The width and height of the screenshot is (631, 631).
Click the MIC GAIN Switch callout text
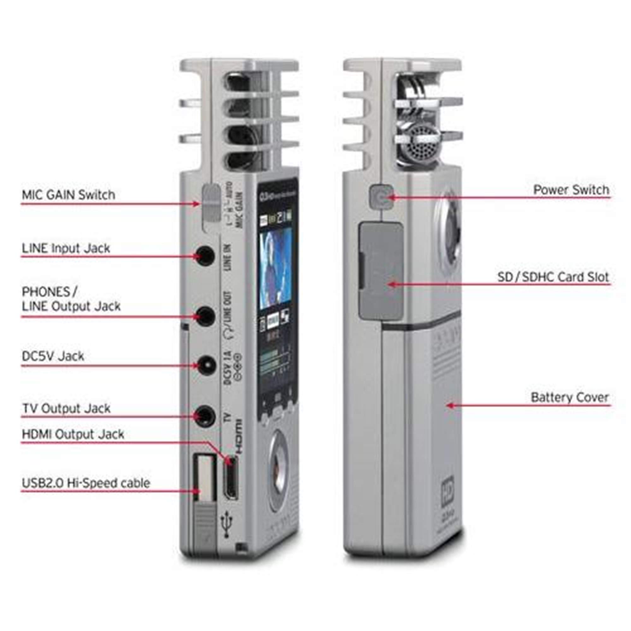pos(68,195)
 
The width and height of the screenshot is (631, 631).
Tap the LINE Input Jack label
pos(66,248)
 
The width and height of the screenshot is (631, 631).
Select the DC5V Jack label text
pos(53,356)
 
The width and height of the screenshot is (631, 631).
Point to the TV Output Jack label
pos(66,408)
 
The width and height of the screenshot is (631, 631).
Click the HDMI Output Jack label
pos(73,434)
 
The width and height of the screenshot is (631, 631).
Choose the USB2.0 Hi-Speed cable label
pos(86,483)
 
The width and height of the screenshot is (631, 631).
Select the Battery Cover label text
pos(569,397)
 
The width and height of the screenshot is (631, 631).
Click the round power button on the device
pos(380,197)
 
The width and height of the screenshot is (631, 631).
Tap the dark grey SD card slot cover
pos(381,271)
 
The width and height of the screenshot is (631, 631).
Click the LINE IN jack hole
pos(205,256)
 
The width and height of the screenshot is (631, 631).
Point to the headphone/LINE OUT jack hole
pos(205,316)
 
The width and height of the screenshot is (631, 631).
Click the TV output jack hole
pos(205,416)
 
